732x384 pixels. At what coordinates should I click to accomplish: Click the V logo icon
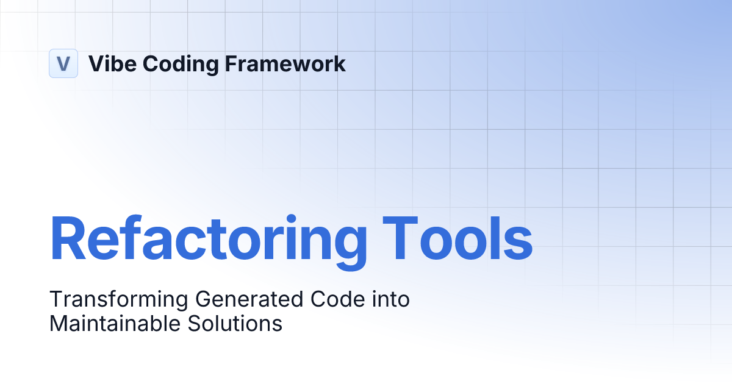(63, 63)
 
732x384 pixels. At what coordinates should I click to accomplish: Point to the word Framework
(285, 63)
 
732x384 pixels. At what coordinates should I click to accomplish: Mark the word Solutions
(237, 323)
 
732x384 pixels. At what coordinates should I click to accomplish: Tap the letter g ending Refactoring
(350, 244)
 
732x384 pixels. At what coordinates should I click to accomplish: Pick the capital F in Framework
(232, 63)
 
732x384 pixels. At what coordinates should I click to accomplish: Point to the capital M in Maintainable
(59, 323)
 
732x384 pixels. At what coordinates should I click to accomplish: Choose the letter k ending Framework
(339, 63)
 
